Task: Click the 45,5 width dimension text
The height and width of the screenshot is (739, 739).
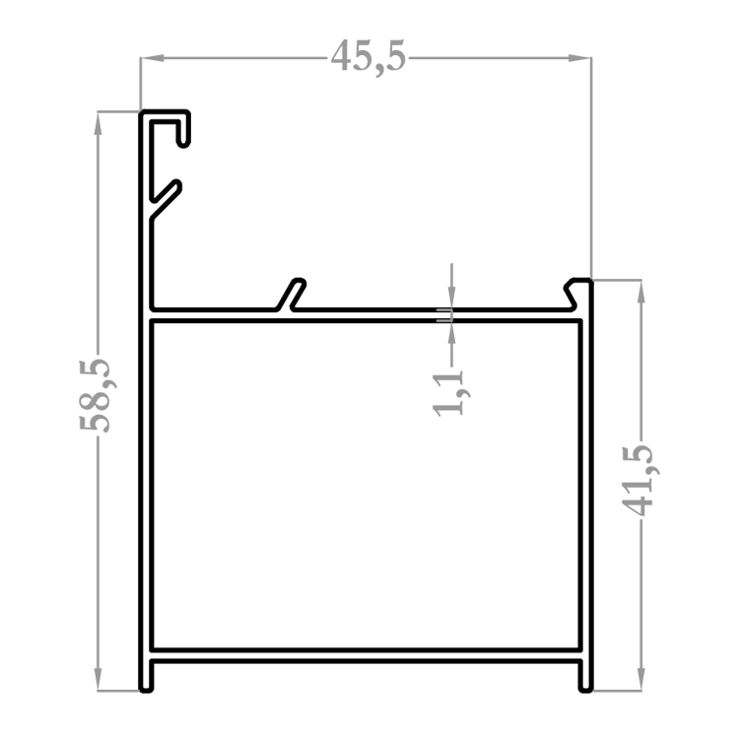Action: click(368, 56)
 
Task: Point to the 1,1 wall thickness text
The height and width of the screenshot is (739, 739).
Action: click(451, 393)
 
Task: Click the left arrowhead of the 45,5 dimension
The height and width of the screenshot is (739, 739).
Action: click(152, 58)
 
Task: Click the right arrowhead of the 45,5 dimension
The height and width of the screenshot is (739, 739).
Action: click(579, 58)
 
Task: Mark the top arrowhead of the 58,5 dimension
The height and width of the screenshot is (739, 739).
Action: click(98, 123)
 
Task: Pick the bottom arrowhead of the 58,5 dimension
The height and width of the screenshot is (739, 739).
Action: click(98, 679)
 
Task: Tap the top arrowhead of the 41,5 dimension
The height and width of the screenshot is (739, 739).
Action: click(641, 292)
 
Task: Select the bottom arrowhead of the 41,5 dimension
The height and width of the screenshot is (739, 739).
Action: click(641, 679)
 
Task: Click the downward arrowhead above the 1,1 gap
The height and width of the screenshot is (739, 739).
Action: click(451, 298)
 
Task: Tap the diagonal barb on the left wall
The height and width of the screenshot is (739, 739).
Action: click(166, 199)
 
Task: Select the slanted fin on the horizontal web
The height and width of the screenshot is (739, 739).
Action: click(292, 295)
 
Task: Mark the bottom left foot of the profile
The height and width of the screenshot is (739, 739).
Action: click(146, 675)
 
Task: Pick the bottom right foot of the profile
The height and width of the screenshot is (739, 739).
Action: click(586, 675)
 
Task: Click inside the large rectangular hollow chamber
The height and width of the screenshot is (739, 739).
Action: click(366, 486)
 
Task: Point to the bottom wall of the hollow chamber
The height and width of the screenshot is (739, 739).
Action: click(366, 650)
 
